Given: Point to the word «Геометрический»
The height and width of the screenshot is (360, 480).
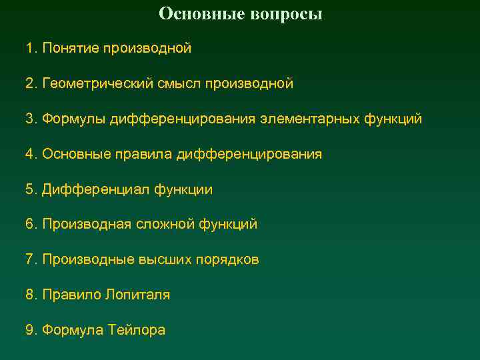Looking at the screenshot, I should pyautogui.click(x=99, y=84).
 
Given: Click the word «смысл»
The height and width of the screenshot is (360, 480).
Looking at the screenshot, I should pyautogui.click(x=180, y=84).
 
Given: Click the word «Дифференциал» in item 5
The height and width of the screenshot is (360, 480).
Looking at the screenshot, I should pyautogui.click(x=95, y=190).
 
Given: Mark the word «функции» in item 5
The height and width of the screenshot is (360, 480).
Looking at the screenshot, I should pyautogui.click(x=183, y=190).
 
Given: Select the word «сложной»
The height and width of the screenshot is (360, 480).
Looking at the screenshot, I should pyautogui.click(x=166, y=225).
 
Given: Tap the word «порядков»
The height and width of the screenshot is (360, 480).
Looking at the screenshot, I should pyautogui.click(x=227, y=260).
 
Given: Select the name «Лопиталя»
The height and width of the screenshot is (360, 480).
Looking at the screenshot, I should pyautogui.click(x=137, y=295).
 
